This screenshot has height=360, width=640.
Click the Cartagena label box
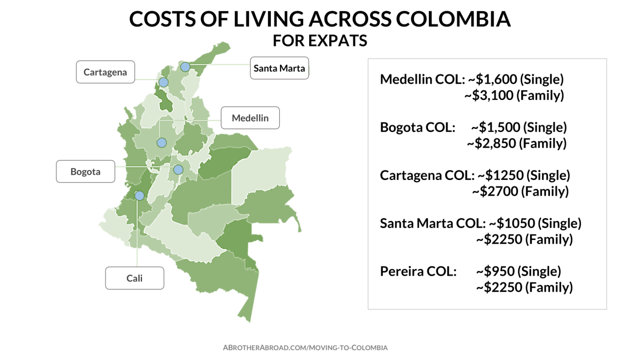[x=105, y=72]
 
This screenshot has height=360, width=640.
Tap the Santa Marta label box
[x=279, y=68]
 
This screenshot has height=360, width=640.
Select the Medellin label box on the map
[x=250, y=118]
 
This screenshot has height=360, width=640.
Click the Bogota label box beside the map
[x=85, y=172]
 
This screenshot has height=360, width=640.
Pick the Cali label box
[x=135, y=278]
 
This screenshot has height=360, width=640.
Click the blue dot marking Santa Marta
[x=185, y=67]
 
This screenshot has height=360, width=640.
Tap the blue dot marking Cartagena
[x=163, y=82]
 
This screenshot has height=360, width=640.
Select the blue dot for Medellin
[x=162, y=143]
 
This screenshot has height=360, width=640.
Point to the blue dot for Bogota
[x=178, y=170]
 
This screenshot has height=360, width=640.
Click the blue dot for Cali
[x=140, y=196]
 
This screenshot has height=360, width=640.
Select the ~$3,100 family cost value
[x=489, y=95]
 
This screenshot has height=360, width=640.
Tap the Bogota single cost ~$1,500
[x=496, y=127]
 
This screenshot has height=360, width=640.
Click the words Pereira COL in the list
[x=418, y=271]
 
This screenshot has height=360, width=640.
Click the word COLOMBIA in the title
[x=453, y=19]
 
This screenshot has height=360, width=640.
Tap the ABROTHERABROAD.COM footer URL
[x=305, y=347]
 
